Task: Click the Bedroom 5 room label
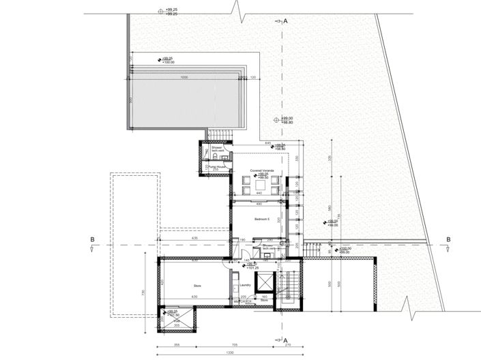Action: [x=262, y=219]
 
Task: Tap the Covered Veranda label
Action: [x=261, y=170]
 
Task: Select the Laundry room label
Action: [x=246, y=285]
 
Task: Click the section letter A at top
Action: [x=286, y=22]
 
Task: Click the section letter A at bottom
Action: [x=286, y=340]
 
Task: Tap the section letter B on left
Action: [x=91, y=239]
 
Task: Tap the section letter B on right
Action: [x=448, y=239]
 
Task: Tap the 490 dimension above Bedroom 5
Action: [x=259, y=203]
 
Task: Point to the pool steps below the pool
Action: [x=218, y=134]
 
